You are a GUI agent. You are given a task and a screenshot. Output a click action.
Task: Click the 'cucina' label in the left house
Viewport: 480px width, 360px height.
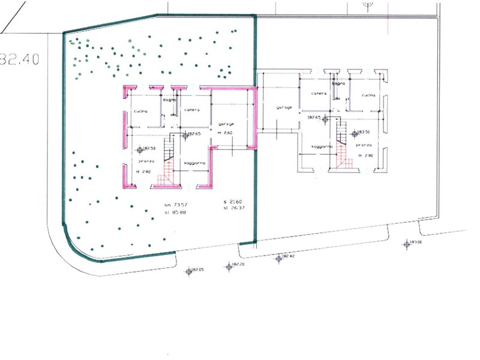pos(140,112)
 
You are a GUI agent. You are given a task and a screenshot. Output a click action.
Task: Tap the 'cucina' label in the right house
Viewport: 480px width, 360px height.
pos(368,95)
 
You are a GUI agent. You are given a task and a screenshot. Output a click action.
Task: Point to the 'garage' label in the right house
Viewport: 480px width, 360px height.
pos(284,107)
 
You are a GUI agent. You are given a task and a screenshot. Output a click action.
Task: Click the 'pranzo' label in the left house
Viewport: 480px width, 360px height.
pos(146,161)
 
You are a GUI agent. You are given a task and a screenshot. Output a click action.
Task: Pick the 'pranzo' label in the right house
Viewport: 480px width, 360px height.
pos(364,145)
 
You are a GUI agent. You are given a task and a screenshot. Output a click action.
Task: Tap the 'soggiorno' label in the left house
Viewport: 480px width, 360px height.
pos(195,163)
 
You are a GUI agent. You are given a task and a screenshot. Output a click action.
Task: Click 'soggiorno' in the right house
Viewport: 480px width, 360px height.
pos(323,147)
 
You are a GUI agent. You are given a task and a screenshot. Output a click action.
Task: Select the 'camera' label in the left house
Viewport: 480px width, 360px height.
pos(191,110)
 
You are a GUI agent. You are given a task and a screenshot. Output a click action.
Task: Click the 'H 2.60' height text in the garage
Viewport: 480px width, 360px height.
pos(224,132)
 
